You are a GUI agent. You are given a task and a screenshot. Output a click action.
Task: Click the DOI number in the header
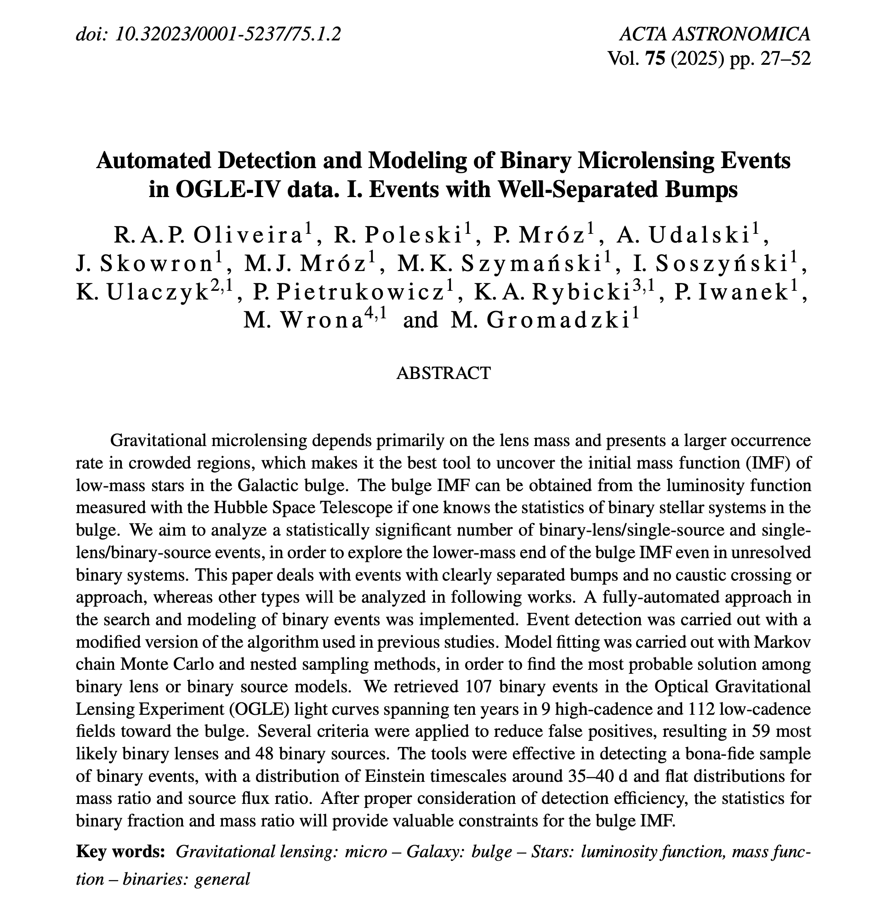(228, 34)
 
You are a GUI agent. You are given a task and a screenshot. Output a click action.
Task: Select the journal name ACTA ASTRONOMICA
(715, 34)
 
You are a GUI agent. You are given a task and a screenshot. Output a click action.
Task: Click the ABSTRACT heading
(443, 373)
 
